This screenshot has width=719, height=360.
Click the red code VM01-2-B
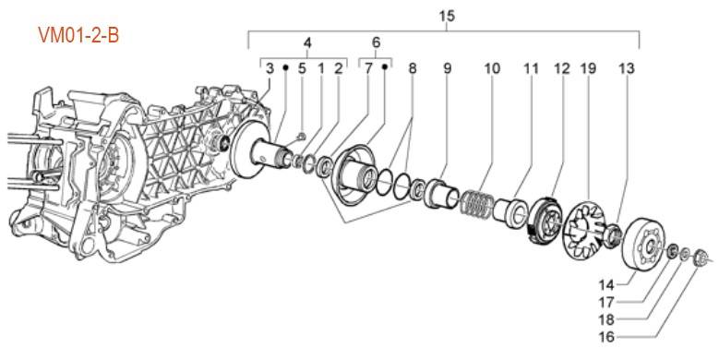point(78,35)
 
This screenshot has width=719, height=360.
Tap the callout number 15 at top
point(447,16)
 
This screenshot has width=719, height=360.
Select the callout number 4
point(307,43)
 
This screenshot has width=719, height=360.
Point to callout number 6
point(376,42)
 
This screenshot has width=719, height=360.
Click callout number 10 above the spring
point(492,69)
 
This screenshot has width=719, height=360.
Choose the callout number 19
point(588,69)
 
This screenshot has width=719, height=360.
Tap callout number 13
point(627,69)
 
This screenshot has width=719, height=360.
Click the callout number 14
point(606,285)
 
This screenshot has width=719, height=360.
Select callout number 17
point(606,303)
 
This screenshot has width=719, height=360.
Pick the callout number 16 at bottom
point(606,337)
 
